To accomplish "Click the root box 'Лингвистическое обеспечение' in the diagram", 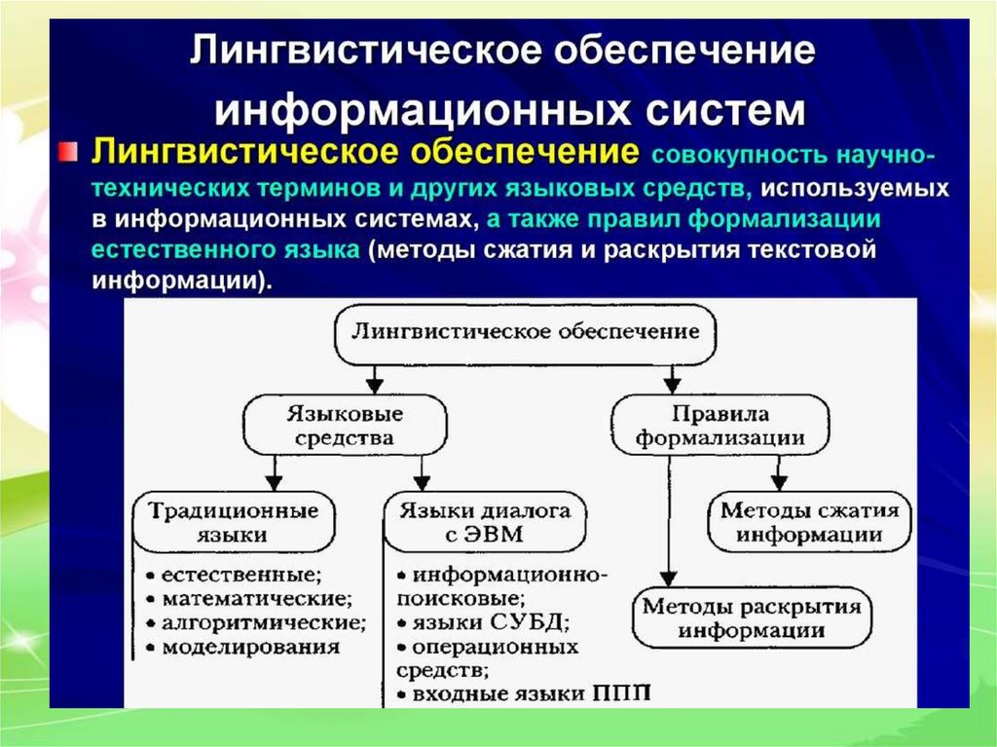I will click(x=526, y=332).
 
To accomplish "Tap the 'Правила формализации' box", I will click(x=721, y=426).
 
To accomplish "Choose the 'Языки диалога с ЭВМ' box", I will click(x=484, y=522).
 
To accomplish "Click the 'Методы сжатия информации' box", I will click(x=809, y=522).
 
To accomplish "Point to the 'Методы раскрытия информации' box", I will click(x=751, y=617).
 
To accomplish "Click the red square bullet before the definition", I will click(x=65, y=151).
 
